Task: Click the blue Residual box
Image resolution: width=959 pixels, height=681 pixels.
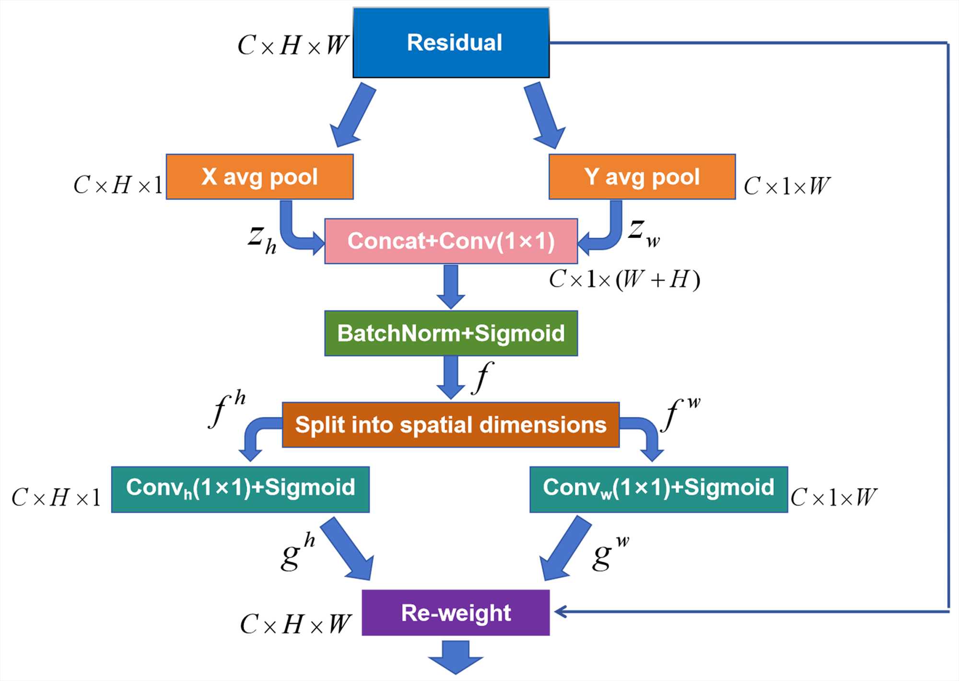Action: [x=451, y=43]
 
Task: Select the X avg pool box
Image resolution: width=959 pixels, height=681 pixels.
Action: [x=259, y=177]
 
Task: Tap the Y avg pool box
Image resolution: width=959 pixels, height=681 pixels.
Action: [x=642, y=177]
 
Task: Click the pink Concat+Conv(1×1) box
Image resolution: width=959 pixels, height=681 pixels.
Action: [x=451, y=241]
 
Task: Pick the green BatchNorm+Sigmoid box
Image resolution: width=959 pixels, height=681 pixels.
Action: [x=451, y=334]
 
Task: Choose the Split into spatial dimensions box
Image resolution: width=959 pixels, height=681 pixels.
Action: [x=451, y=425]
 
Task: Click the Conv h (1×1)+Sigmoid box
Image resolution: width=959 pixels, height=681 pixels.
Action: [x=240, y=489]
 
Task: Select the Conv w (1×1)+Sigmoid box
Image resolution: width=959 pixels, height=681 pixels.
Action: [x=658, y=489]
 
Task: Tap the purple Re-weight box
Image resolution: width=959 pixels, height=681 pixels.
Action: [x=456, y=613]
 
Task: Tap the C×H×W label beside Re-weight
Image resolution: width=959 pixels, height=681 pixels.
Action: [x=295, y=624]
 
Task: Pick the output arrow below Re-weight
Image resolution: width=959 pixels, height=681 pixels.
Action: [x=456, y=657]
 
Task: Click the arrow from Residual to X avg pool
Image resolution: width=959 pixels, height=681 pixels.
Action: [x=352, y=115]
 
